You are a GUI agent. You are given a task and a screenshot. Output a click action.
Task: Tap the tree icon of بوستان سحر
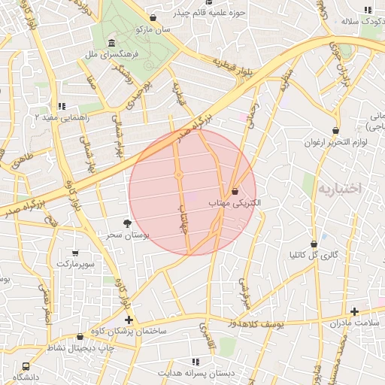point(126,223)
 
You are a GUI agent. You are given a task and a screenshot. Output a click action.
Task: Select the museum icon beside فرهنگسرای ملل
point(111,42)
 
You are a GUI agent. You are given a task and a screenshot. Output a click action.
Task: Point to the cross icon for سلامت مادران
point(353,311)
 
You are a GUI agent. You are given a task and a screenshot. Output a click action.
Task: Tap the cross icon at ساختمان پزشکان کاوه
point(129,320)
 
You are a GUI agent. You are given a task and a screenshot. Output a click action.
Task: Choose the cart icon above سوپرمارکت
point(74,253)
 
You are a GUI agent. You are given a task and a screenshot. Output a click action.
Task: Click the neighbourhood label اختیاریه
point(339,188)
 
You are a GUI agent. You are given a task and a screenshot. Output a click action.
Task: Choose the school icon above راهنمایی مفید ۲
point(62,107)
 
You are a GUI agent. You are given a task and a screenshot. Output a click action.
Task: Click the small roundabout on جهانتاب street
point(179,175)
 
